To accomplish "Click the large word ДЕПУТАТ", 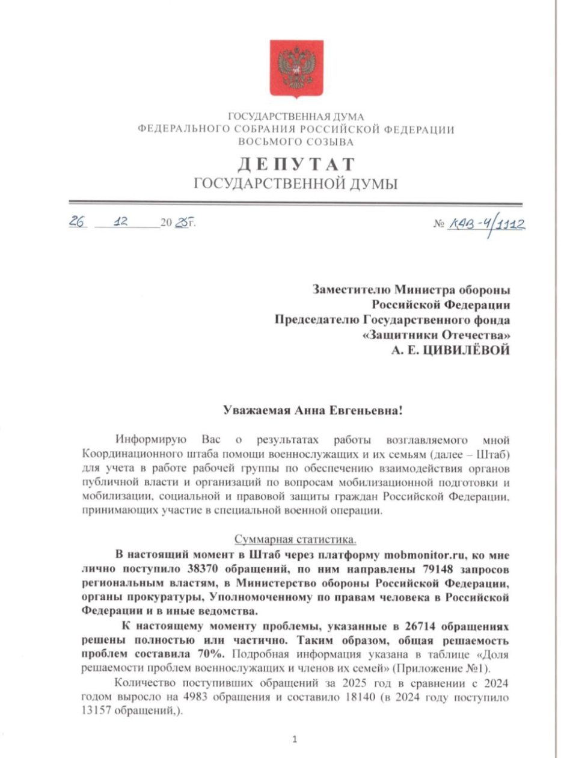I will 296,164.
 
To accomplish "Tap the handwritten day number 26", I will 77,221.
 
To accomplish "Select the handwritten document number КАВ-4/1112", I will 486,224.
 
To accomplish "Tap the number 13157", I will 99,710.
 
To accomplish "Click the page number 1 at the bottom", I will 293,739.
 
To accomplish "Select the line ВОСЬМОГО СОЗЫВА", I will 296,142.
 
